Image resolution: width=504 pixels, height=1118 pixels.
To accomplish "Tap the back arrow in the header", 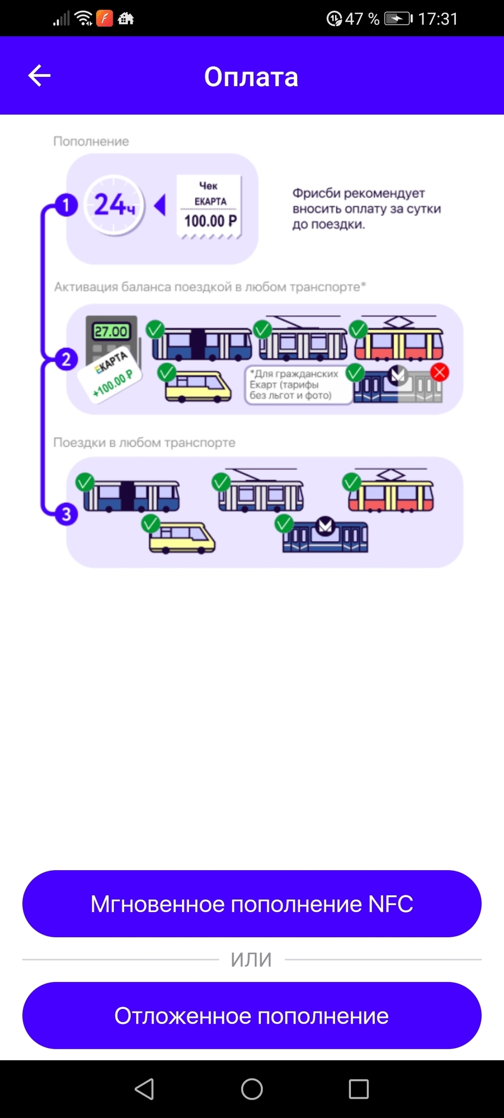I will point(39,76).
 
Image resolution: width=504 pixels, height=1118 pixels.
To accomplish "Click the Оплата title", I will point(251,77).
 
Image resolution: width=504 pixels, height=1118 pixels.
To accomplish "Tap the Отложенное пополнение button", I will point(251,1016).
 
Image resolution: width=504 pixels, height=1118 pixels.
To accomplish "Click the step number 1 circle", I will point(66,206).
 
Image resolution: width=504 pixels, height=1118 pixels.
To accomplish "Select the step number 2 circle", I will point(66,359).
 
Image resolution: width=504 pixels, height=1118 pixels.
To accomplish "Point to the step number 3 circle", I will point(66,514).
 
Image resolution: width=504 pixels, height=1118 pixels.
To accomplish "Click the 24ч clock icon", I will point(114,206).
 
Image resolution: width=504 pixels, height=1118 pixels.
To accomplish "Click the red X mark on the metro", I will point(439,372).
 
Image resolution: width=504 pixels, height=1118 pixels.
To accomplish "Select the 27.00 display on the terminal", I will point(111,331).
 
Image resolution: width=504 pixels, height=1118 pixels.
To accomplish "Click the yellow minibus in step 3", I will point(182,538).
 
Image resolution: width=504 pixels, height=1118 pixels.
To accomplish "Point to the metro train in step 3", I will point(325,536).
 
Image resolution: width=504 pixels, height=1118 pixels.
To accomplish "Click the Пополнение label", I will point(91,141).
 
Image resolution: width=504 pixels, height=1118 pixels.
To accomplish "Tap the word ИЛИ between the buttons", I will point(251,960).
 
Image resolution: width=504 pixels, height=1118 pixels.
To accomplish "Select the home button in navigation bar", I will point(251,1089).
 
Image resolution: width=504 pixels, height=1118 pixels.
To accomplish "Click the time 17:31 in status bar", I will point(438,19).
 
